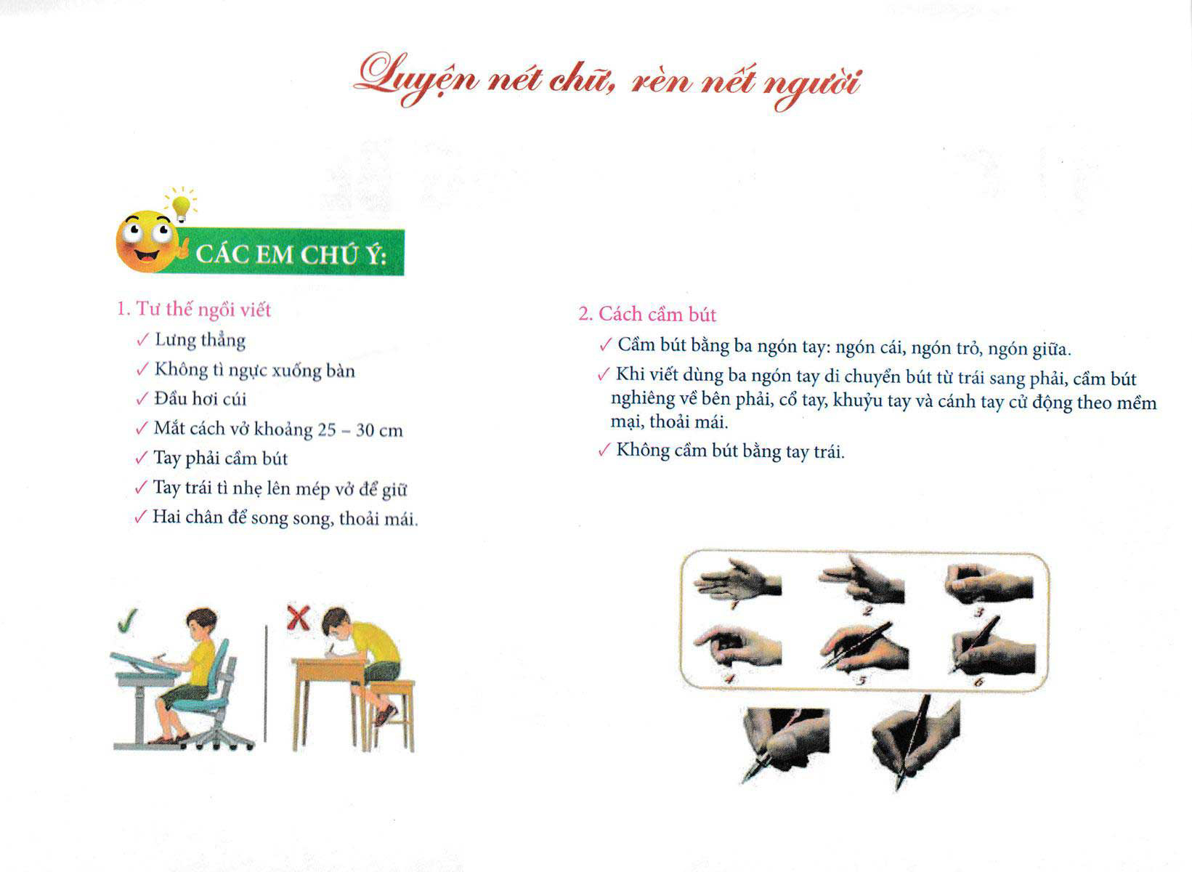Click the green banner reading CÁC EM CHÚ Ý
point(291,254)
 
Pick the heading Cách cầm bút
point(647,314)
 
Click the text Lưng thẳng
point(200,340)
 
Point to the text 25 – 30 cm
point(360,429)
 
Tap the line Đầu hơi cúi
point(200,399)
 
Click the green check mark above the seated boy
point(127,619)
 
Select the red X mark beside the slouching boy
point(298,618)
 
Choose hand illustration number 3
point(989,584)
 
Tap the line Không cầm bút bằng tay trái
point(730,451)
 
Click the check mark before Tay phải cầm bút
point(142,459)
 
